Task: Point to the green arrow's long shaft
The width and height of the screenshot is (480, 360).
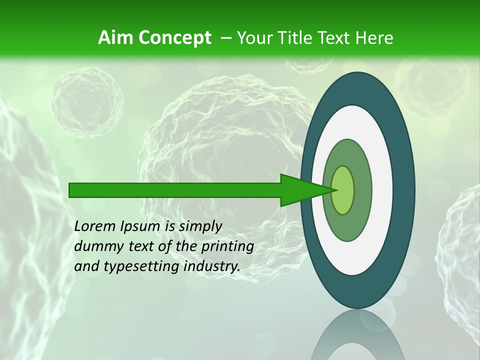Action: click(x=175, y=190)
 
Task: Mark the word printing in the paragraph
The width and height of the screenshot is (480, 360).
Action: click(x=227, y=247)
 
